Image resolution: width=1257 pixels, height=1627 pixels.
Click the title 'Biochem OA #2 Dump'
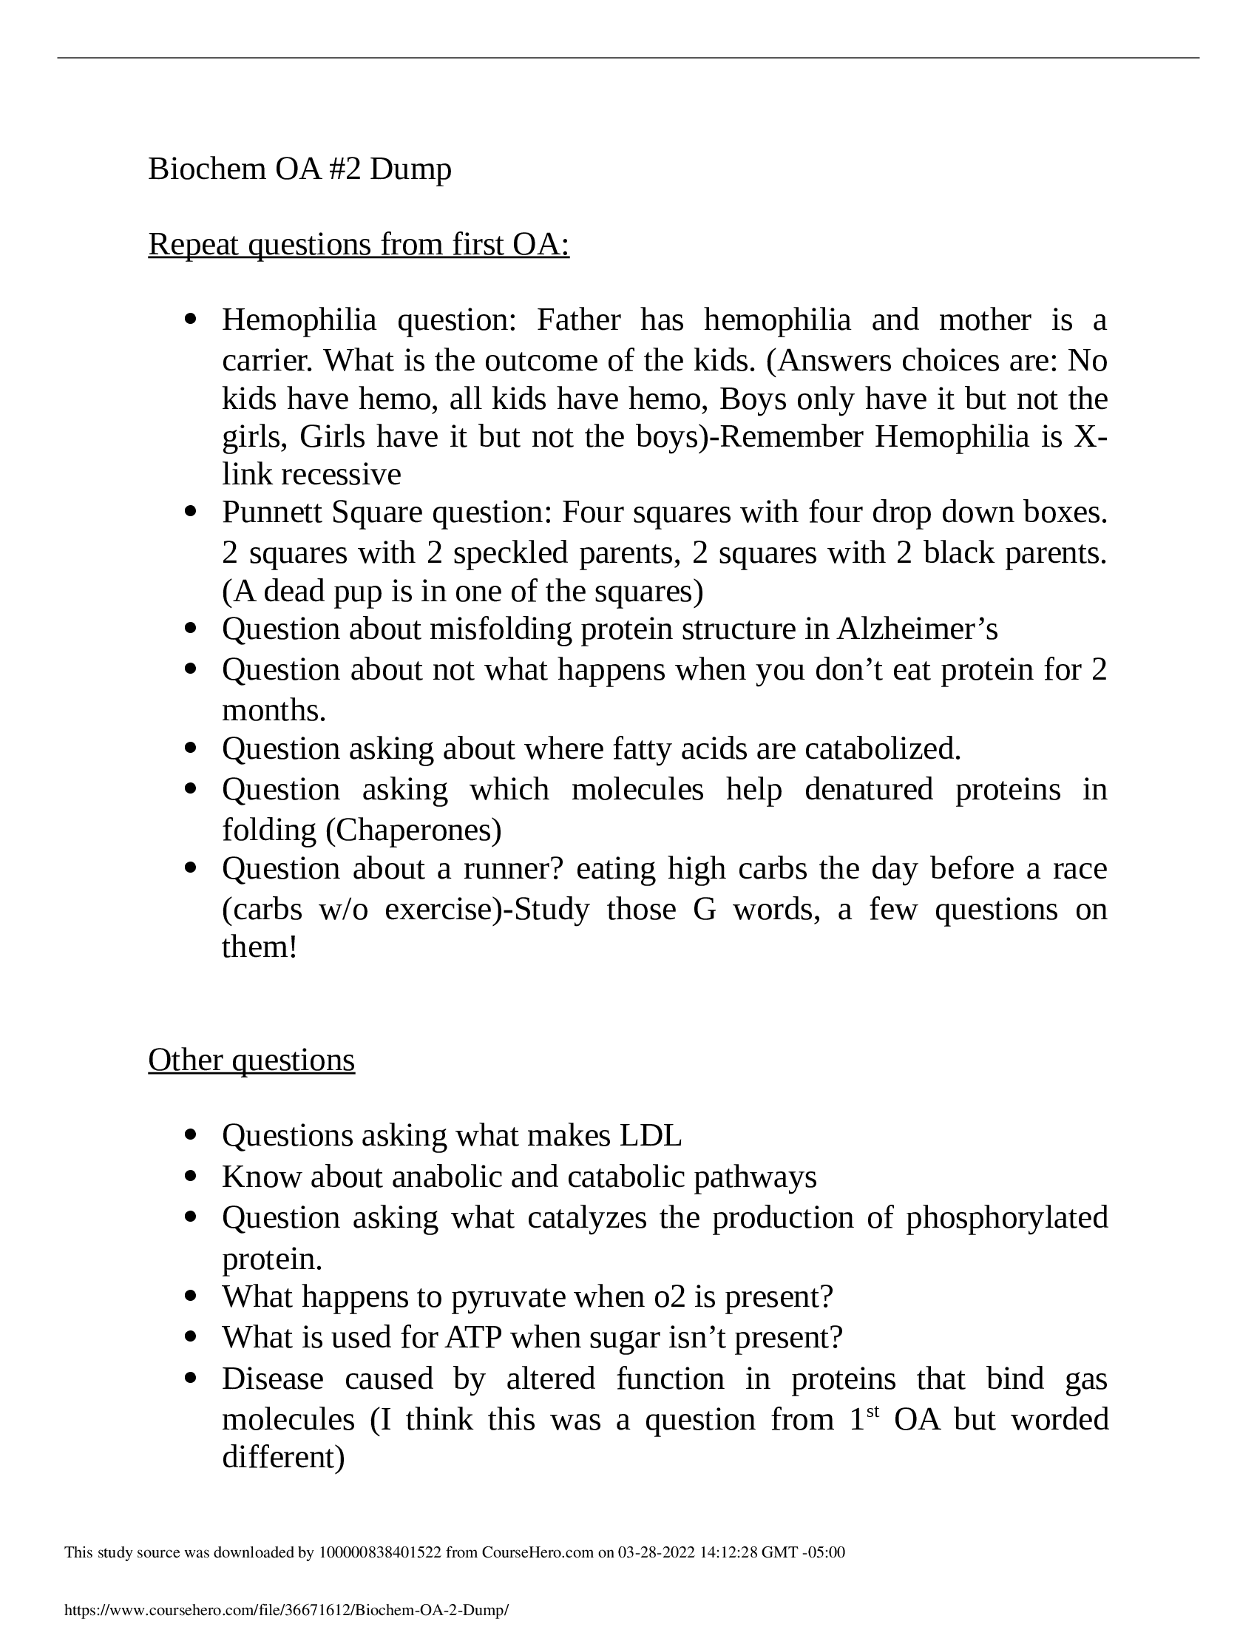point(299,169)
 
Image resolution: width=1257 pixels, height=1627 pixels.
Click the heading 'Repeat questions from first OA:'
point(358,244)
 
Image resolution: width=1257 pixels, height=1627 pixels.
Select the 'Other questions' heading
point(251,1059)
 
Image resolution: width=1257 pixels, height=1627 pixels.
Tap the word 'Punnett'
point(271,513)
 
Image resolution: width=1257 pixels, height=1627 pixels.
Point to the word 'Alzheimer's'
point(918,629)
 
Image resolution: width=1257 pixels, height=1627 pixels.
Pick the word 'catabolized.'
point(882,748)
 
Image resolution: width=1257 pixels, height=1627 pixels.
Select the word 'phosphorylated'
point(1007,1217)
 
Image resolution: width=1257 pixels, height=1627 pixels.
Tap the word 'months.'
point(274,711)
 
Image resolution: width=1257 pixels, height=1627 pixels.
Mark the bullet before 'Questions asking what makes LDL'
point(192,1136)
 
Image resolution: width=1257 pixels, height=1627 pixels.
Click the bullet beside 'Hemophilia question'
point(192,320)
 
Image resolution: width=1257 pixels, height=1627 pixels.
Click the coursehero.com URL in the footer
point(287,1610)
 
